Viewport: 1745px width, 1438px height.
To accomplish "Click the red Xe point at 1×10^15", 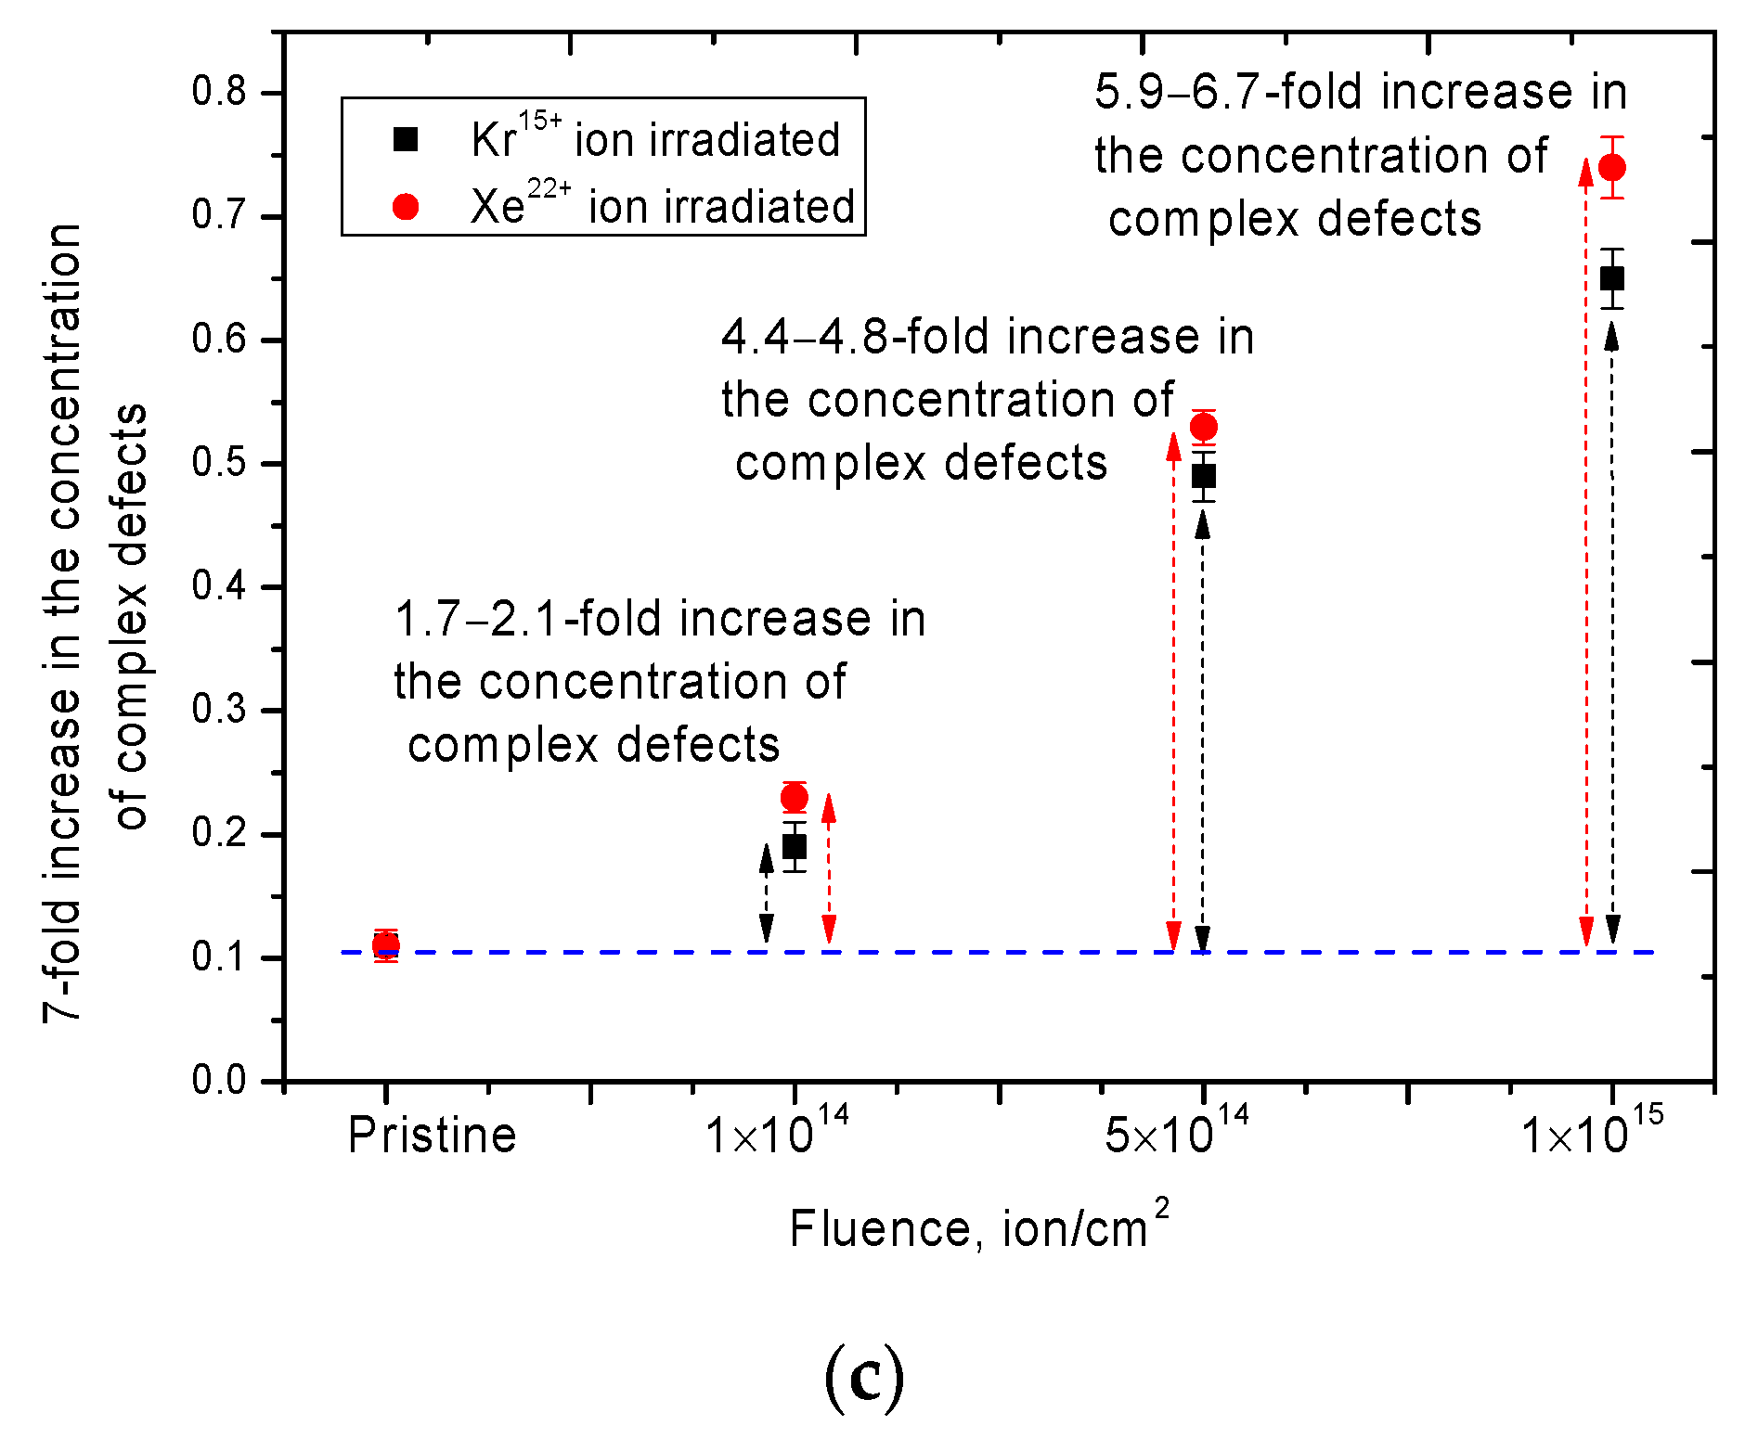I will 1612,168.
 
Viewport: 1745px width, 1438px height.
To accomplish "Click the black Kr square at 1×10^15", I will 1612,278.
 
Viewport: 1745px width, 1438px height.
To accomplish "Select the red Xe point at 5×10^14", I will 1204,427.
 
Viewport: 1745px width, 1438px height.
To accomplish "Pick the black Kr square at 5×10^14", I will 1204,477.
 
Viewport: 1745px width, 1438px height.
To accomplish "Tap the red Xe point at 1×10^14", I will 795,797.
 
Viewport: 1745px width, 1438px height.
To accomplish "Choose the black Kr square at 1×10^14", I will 795,846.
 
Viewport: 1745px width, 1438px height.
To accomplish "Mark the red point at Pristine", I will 386,945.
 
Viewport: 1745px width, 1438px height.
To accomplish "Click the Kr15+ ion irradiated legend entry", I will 654,139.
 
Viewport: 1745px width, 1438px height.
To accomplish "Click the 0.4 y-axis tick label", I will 219,586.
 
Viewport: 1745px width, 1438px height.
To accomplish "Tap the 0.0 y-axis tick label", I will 219,1080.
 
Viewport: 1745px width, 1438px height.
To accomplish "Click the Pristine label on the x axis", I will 432,1136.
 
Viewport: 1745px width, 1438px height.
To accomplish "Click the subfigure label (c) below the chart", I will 864,1380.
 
